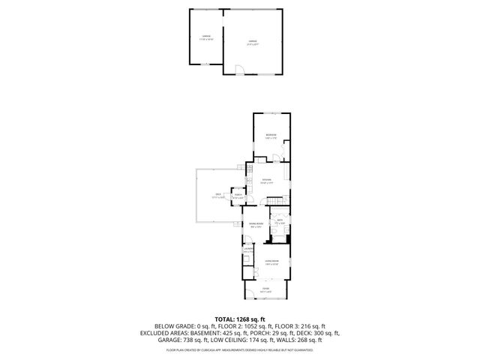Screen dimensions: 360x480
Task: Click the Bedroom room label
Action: click(271, 136)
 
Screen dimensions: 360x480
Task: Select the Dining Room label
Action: click(255, 224)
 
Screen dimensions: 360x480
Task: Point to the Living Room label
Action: click(271, 262)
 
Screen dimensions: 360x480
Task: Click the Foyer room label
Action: click(265, 289)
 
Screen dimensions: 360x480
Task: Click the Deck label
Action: click(218, 196)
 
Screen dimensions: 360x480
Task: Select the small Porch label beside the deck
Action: click(238, 196)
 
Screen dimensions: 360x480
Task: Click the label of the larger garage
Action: click(253, 43)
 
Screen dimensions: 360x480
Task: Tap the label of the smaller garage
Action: click(205, 37)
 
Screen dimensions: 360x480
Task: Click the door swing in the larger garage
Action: click(238, 70)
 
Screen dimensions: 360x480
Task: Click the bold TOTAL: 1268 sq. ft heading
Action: click(240, 318)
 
